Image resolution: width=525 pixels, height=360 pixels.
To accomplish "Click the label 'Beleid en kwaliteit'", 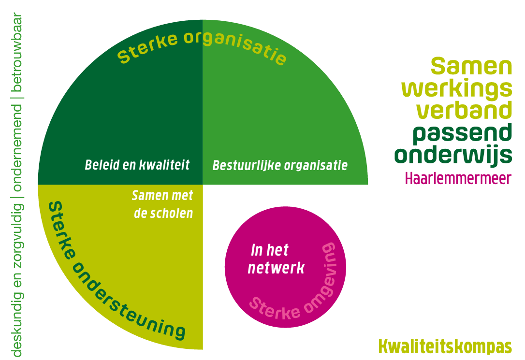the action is click(137, 165).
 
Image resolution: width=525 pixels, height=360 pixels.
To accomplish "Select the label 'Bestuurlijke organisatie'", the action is click(280, 165).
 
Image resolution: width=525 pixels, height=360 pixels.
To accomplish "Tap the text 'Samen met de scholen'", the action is click(162, 204).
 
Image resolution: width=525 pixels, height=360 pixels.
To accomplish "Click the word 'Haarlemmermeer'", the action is click(458, 178).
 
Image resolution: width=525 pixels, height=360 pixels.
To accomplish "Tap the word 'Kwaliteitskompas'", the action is click(445, 346).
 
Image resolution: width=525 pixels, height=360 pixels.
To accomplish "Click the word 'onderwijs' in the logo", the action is click(453, 155).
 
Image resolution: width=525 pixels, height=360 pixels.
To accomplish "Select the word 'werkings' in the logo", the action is click(457, 89).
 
